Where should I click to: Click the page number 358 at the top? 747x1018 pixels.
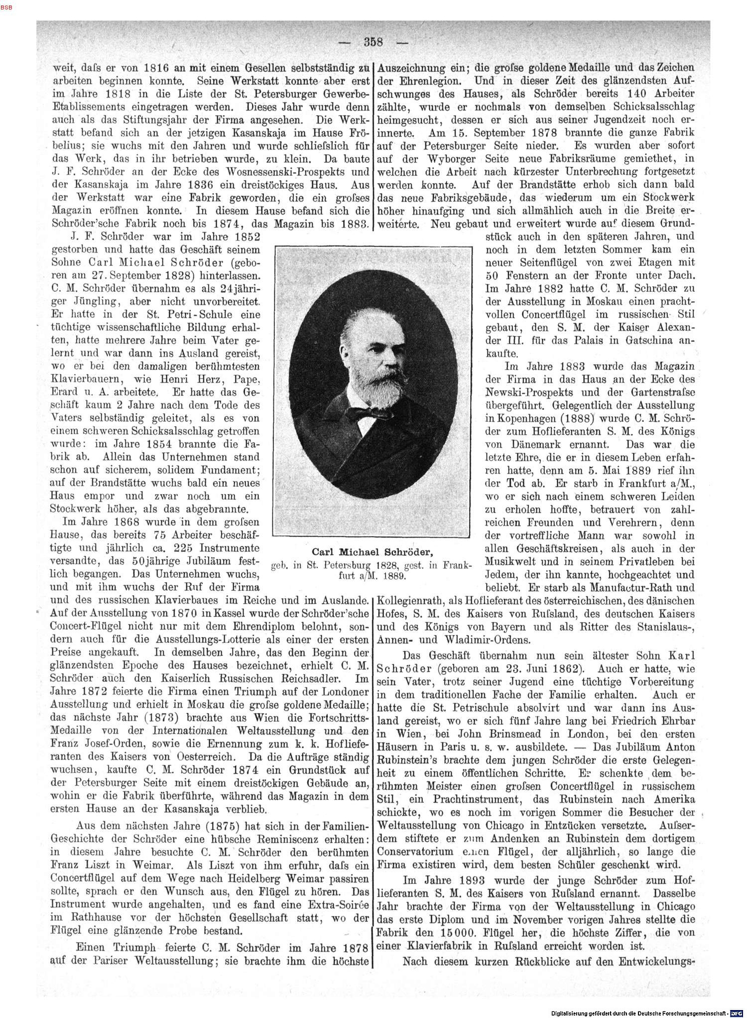coord(373,42)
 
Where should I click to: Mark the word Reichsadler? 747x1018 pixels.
coord(312,678)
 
